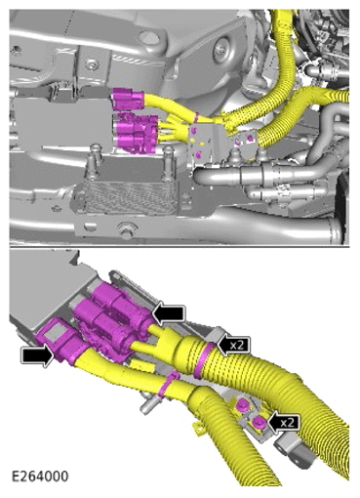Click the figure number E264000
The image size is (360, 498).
[40, 477]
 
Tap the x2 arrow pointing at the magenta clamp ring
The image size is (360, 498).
[234, 345]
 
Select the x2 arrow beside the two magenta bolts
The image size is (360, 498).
[282, 422]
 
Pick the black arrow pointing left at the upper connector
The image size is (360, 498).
[169, 315]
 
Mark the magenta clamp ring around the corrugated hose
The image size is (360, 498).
[203, 359]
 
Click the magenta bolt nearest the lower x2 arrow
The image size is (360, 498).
[258, 422]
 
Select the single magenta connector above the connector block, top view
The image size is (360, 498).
[128, 100]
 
